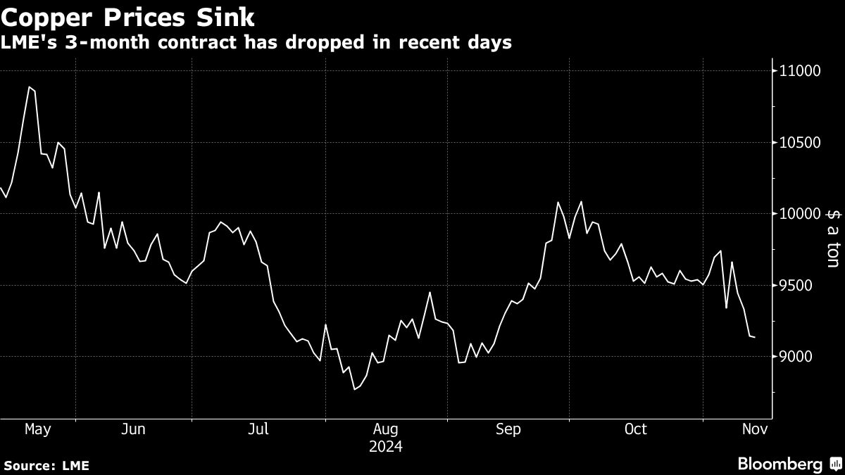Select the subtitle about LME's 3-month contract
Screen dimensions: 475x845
[256, 43]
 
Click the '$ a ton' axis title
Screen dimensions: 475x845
[832, 239]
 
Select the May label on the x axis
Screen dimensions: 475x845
[38, 429]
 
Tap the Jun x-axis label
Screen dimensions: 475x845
[133, 429]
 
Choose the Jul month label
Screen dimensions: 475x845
[259, 429]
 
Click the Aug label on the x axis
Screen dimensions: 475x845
[386, 429]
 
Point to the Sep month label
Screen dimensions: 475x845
[508, 429]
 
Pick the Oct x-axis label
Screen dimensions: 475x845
[635, 429]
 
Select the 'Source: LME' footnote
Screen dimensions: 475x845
[46, 465]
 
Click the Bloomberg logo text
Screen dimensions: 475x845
[780, 464]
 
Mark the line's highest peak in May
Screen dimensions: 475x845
[30, 87]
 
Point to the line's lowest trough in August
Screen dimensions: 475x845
[354, 389]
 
